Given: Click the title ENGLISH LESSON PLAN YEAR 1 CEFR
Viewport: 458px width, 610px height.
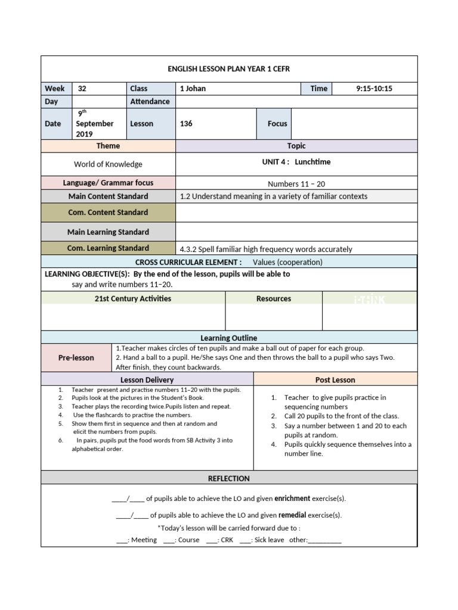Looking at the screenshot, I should tap(228, 69).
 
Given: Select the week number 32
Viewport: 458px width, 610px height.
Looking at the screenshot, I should tap(82, 89).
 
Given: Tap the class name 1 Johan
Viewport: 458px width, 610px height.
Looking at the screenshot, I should tap(193, 89).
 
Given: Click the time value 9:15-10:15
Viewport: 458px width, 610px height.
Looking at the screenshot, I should tap(374, 89).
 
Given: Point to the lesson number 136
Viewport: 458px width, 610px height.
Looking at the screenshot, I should tap(186, 124).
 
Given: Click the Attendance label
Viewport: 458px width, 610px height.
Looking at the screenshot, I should tap(150, 102).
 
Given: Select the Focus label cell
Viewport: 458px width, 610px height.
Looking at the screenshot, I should tap(277, 124).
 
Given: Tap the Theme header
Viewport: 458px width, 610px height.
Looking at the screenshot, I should tap(108, 146).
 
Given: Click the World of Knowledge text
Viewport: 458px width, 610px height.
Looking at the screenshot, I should tap(108, 164).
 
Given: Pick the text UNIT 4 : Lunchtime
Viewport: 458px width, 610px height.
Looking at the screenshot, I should tap(296, 162).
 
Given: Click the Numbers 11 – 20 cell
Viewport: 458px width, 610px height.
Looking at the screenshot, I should tap(296, 184).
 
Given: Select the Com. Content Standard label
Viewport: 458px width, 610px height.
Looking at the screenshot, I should tap(108, 213).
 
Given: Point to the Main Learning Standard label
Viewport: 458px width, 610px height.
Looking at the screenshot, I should tap(108, 232).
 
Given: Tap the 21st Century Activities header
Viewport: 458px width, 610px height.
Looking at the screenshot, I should tap(132, 299).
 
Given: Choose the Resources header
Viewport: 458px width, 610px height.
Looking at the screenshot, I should tap(274, 299).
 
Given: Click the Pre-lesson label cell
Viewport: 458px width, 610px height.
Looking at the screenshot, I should tap(76, 358).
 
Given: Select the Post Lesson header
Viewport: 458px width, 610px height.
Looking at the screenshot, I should tap(335, 380).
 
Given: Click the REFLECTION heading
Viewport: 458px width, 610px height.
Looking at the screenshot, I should tap(228, 478).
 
